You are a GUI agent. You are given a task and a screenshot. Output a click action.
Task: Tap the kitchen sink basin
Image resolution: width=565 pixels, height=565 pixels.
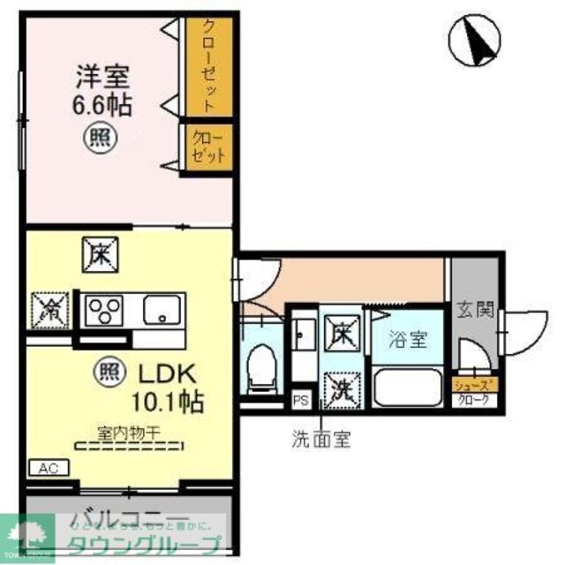click(162, 311)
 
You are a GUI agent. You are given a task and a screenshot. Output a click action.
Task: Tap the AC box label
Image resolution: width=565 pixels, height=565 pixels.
click(49, 468)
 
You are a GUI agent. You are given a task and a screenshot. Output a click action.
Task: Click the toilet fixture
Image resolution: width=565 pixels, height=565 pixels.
click(262, 368)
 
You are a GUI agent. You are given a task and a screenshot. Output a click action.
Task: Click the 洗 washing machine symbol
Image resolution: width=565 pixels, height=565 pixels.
click(341, 389)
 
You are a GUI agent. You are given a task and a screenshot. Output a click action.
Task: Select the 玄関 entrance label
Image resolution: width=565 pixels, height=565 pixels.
click(475, 310)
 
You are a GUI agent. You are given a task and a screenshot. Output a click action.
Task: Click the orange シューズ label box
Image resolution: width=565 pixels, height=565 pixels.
click(475, 385)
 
